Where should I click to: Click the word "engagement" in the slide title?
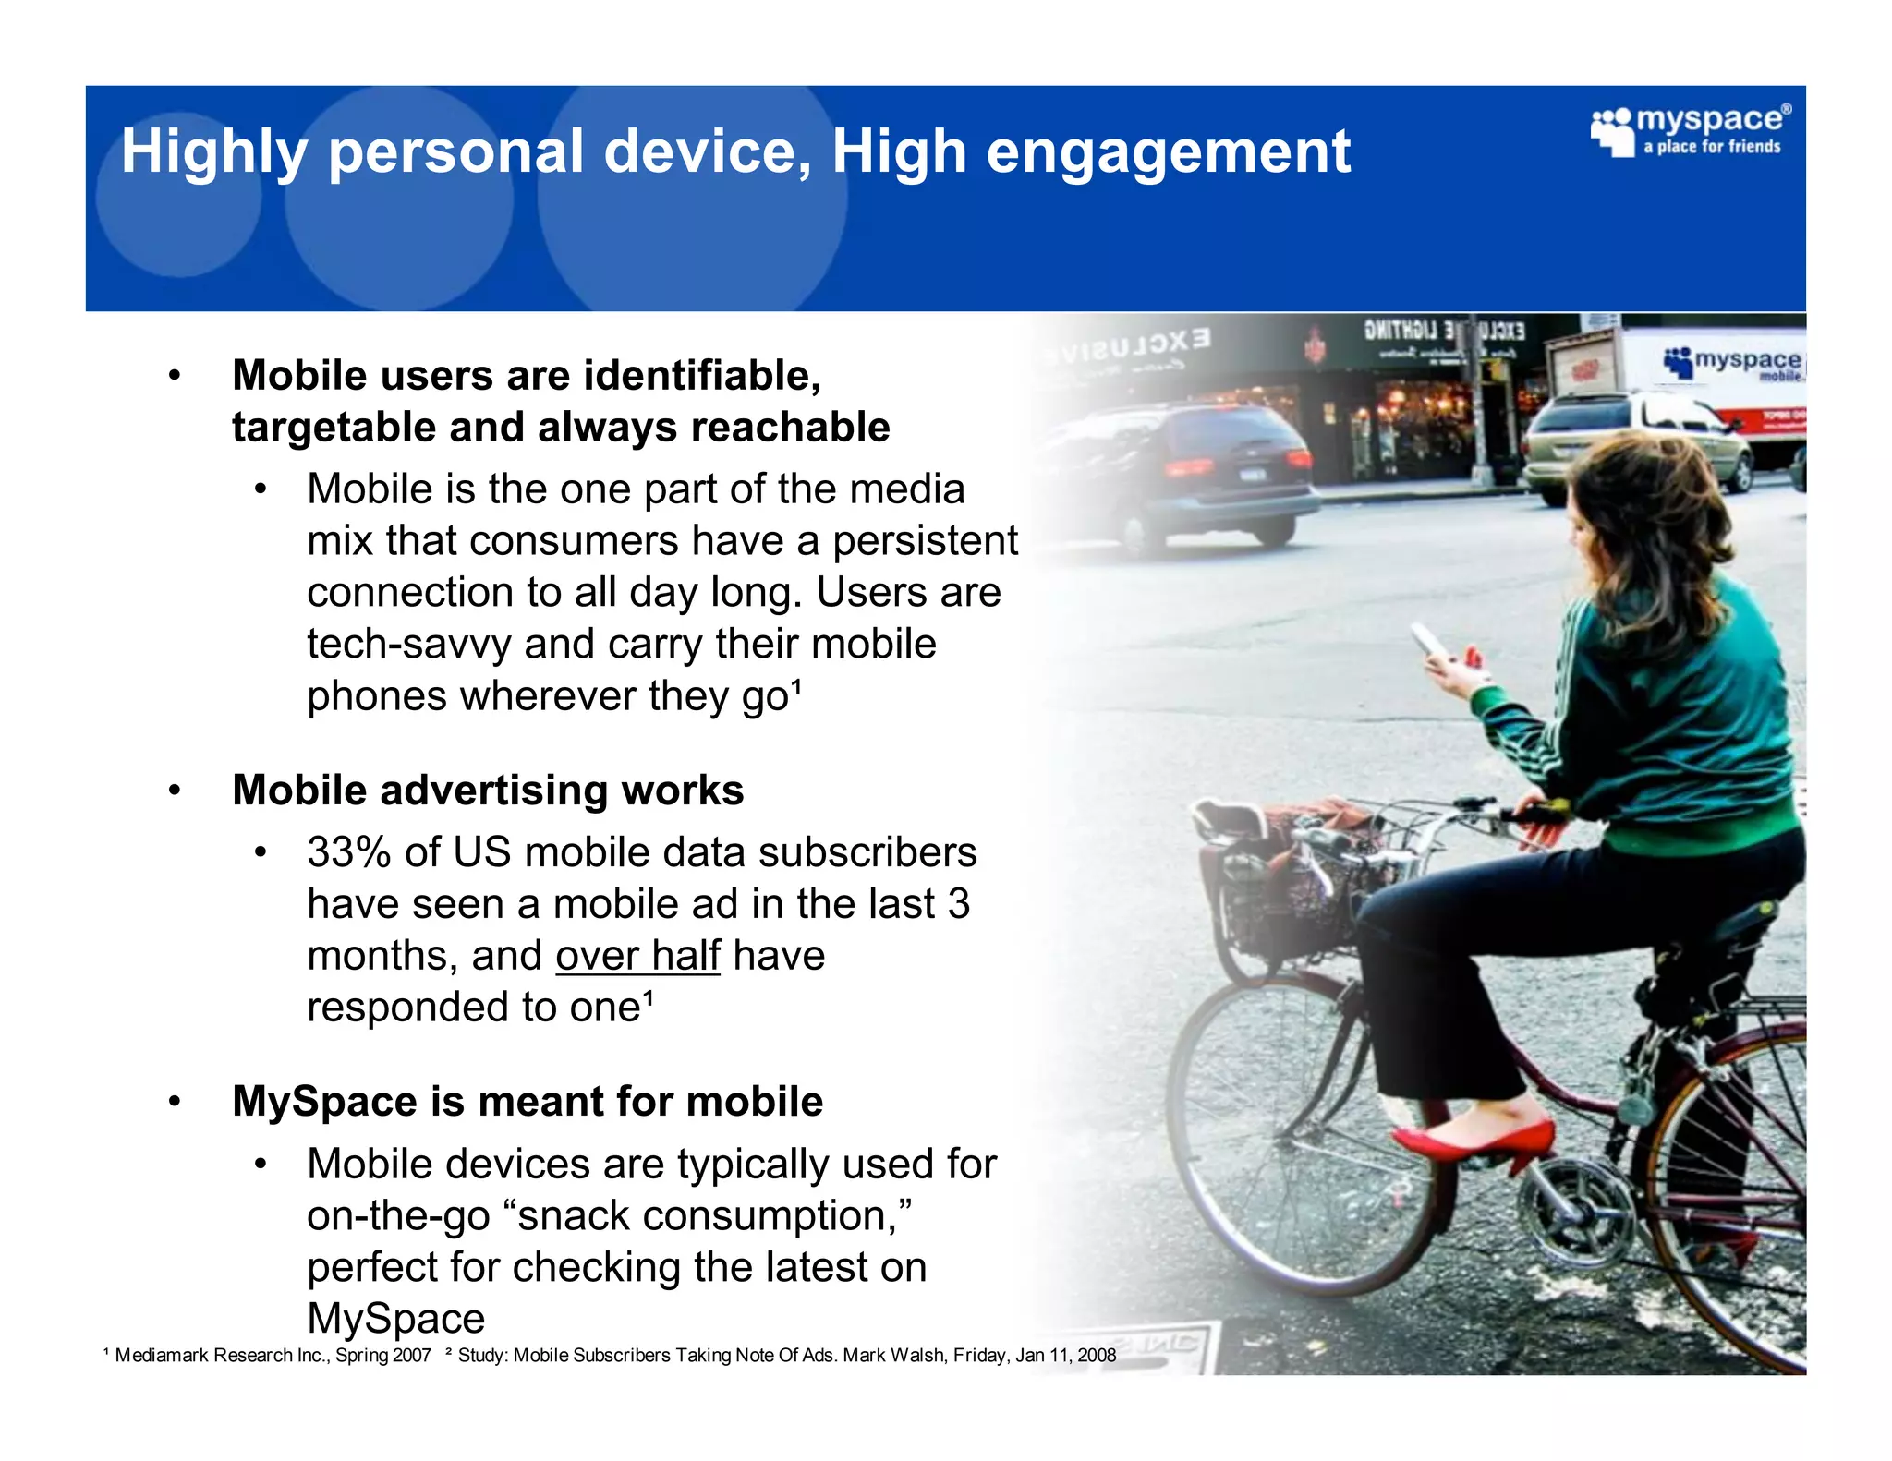pos(1168,152)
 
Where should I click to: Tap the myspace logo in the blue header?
pos(1690,132)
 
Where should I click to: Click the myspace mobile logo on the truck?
pos(1732,362)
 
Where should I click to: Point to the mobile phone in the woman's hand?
pos(1427,640)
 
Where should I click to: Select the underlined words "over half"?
pos(637,956)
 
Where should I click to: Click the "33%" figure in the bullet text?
pos(348,852)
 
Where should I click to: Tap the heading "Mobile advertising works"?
pos(488,791)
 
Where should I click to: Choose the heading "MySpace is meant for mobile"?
pos(528,1102)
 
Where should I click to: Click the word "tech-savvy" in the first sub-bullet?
pos(408,645)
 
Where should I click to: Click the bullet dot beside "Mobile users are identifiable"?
pos(174,376)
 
